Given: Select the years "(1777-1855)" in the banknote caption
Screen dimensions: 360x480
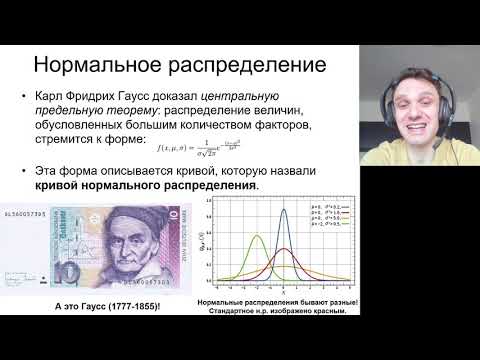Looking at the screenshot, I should click(x=134, y=304).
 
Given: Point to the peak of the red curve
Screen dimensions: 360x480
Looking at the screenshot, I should click(x=283, y=247).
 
